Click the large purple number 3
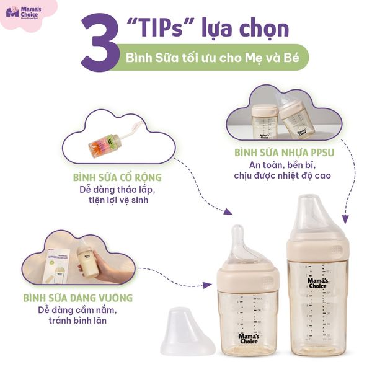(x=100, y=45)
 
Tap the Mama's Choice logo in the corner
(x=25, y=14)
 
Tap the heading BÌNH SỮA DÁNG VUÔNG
(x=77, y=298)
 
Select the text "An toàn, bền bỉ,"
(x=286, y=164)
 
